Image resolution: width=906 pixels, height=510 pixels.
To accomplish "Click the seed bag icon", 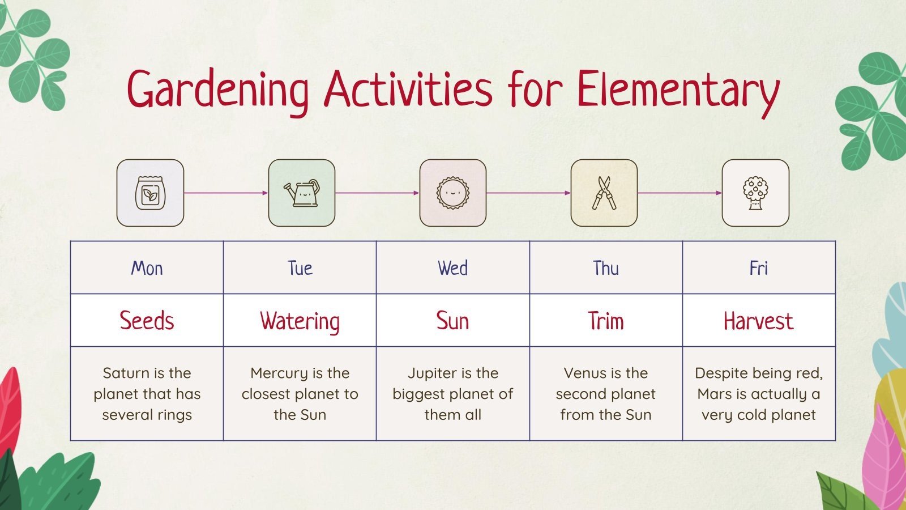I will click(150, 193).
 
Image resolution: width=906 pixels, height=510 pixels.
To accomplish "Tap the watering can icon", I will click(302, 193).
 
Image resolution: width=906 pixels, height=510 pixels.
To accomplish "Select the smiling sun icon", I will click(452, 193).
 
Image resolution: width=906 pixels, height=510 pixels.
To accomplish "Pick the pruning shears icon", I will click(604, 193).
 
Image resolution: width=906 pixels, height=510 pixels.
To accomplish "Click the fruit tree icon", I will click(755, 193).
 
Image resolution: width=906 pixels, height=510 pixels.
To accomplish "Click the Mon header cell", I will click(147, 268).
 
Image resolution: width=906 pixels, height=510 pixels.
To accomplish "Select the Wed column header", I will click(452, 268).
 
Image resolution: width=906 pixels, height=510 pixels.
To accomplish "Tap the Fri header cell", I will click(758, 268).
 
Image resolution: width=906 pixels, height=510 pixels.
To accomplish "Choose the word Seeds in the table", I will click(147, 321).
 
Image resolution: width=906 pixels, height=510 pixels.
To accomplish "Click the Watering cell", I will click(300, 321).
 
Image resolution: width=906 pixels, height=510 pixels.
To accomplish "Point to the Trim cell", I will click(605, 321).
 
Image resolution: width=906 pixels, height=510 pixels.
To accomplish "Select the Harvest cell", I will click(758, 321).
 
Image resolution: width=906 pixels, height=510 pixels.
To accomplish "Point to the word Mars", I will click(714, 394).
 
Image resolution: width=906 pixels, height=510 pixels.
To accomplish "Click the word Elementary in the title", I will click(678, 90).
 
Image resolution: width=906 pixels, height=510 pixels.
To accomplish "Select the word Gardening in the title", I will click(218, 90).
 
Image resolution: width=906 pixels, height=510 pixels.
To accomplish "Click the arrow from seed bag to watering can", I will click(226, 193).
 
